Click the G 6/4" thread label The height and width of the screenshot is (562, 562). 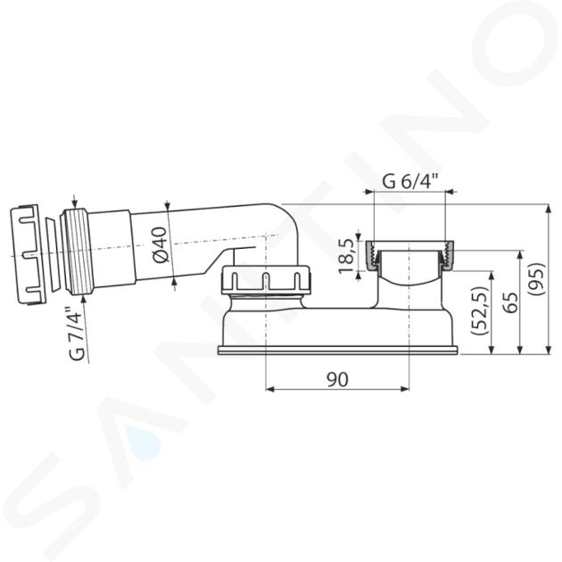(x=409, y=181)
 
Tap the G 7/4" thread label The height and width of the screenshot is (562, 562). (x=77, y=334)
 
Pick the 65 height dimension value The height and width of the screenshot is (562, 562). (x=510, y=302)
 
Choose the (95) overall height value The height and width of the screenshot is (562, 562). (x=536, y=279)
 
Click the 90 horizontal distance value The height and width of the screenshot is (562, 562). (x=337, y=379)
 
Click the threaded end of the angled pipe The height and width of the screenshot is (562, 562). (x=77, y=252)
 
